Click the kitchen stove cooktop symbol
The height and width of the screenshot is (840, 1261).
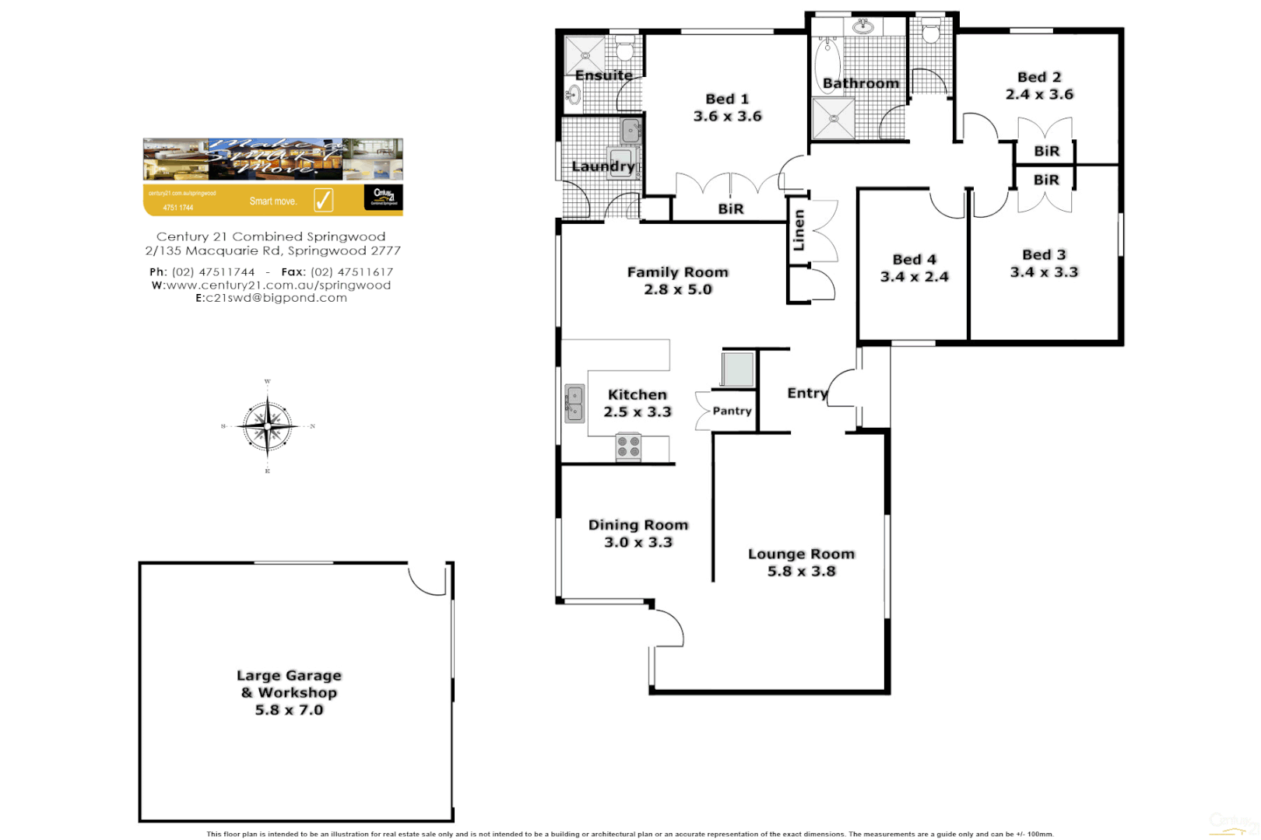[628, 446]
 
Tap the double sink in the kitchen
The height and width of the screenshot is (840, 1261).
[574, 404]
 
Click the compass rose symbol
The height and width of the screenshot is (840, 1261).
[267, 426]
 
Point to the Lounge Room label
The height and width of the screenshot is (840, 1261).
[801, 554]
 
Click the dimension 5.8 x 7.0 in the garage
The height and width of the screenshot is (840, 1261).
[289, 710]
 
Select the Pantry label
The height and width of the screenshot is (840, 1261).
[732, 411]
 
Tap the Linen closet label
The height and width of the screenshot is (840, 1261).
[799, 230]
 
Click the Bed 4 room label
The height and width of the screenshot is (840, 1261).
[914, 259]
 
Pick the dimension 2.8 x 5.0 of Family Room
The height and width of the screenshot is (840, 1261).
[677, 289]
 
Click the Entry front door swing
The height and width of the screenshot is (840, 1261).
[842, 387]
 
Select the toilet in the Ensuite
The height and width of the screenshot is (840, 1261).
[624, 51]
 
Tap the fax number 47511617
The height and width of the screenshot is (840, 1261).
[352, 272]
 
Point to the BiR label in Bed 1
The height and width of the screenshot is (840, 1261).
[730, 208]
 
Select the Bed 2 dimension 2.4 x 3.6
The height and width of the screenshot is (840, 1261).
[1039, 94]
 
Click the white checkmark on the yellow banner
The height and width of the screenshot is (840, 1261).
[324, 200]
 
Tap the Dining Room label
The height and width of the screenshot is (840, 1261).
[638, 525]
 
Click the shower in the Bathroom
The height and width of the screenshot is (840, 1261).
[833, 119]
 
